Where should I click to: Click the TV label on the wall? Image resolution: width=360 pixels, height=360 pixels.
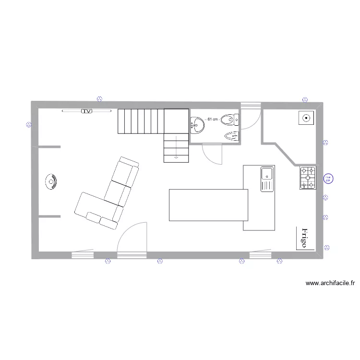pyautogui.click(x=87, y=111)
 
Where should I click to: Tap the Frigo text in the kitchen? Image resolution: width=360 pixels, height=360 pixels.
pyautogui.click(x=304, y=238)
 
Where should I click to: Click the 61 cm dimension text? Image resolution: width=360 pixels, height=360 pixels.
pyautogui.click(x=212, y=119)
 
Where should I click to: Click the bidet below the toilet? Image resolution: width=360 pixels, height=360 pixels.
pyautogui.click(x=232, y=136)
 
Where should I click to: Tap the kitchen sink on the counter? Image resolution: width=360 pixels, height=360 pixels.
pyautogui.click(x=267, y=179)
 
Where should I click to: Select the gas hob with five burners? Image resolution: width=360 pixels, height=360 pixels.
pyautogui.click(x=308, y=178)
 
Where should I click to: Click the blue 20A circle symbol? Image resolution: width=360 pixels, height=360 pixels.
pyautogui.click(x=328, y=179)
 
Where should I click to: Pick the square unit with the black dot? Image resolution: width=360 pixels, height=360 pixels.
pyautogui.click(x=305, y=117)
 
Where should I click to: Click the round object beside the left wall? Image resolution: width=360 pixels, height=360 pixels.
pyautogui.click(x=51, y=181)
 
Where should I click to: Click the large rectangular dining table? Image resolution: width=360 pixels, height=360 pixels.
pyautogui.click(x=208, y=205)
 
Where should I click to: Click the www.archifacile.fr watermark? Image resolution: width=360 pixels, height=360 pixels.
pyautogui.click(x=330, y=283)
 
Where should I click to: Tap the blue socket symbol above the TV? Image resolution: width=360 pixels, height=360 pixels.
pyautogui.click(x=99, y=99)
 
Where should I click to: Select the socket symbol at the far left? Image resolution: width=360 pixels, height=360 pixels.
pyautogui.click(x=28, y=125)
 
